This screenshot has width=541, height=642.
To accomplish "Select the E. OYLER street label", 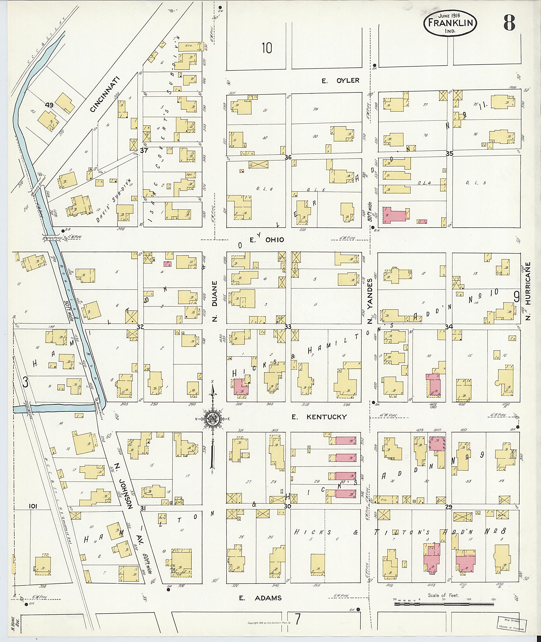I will pos(341,80).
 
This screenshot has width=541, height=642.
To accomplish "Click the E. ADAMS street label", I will pos(260,598).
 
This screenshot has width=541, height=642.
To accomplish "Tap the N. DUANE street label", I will pos(215,301).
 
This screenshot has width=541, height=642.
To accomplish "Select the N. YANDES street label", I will pos(370,301).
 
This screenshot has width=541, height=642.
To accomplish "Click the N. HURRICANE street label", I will pos(528,291).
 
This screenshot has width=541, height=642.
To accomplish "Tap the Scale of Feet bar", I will pos(444,604).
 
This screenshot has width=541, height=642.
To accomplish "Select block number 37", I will pos(144,150).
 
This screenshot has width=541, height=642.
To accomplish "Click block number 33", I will pos(288,327).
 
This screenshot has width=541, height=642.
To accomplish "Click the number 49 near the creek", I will pos(49,105).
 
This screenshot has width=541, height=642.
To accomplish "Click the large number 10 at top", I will pos(267,48).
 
